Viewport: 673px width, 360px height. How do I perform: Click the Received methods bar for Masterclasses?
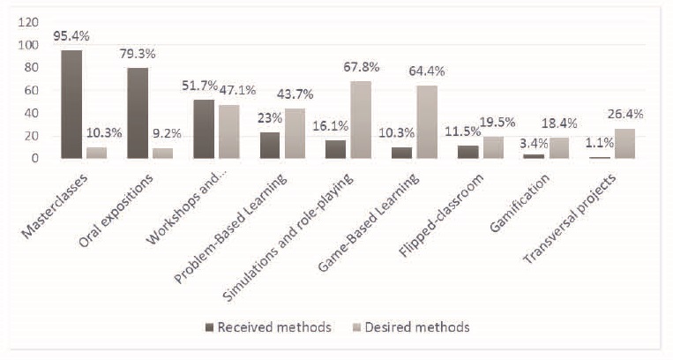point(72,104)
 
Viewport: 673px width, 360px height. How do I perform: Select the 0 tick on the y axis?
point(34,158)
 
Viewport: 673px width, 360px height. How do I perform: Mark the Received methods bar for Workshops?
point(203,129)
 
